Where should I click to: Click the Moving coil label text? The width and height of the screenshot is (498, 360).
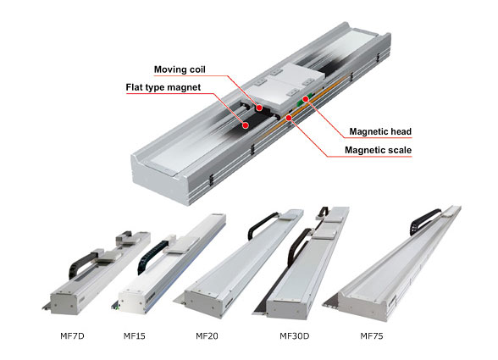(x=180, y=69)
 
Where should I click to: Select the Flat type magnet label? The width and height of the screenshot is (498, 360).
(x=163, y=87)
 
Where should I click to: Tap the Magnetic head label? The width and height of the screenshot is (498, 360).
(x=380, y=131)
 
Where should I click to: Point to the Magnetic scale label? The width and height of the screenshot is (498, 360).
(x=378, y=150)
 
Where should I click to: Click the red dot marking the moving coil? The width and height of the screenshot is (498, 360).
(x=259, y=108)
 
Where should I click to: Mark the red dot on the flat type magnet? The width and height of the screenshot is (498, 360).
(x=246, y=125)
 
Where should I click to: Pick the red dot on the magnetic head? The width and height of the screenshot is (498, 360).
(x=306, y=99)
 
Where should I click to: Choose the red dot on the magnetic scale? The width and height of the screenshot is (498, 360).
(x=289, y=119)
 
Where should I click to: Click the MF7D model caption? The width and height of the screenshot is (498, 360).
(x=73, y=335)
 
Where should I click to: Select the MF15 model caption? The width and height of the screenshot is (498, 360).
(x=135, y=335)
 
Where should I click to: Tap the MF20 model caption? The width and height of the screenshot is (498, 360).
(x=207, y=335)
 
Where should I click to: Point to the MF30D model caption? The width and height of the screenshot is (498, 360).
(x=295, y=335)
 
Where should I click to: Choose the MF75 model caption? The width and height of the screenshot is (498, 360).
(x=372, y=335)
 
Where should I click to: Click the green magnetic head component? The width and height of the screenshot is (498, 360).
(x=302, y=102)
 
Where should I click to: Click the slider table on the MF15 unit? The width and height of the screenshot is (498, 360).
(x=179, y=246)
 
